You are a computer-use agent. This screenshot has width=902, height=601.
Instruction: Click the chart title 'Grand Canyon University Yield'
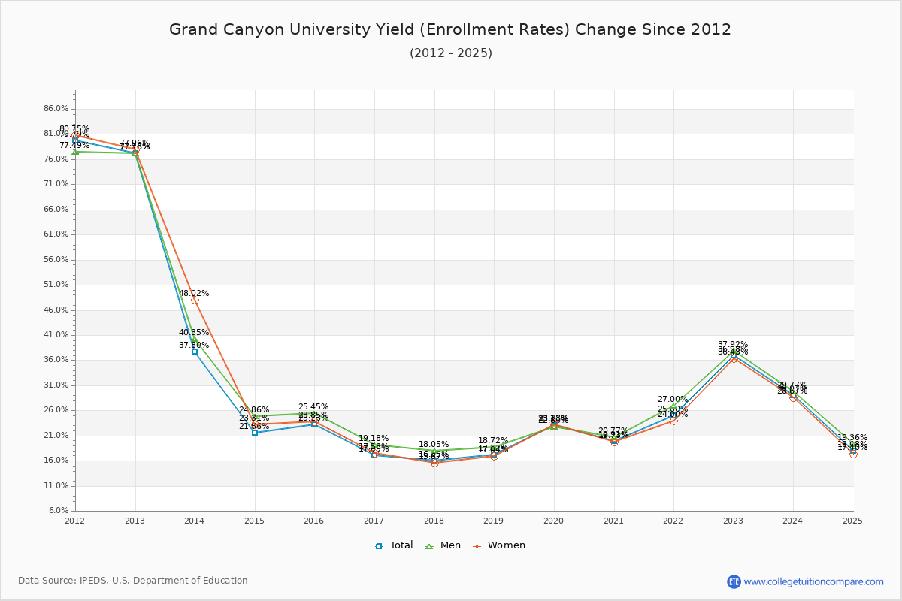(x=449, y=29)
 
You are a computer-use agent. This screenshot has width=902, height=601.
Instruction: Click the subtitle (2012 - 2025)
(x=450, y=53)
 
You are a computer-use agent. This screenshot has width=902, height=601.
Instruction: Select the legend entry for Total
(x=395, y=545)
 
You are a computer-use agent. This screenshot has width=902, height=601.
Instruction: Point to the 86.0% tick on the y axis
(x=56, y=109)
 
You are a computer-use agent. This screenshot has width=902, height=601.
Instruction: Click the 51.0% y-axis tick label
(x=56, y=285)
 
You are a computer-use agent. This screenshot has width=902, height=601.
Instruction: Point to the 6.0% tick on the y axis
(x=59, y=511)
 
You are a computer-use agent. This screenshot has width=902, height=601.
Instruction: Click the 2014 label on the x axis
(x=195, y=520)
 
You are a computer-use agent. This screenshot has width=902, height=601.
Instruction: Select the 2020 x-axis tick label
(x=554, y=520)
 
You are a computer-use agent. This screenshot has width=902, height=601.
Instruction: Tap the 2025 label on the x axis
(x=853, y=520)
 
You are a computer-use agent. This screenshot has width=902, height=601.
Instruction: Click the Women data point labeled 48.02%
(x=195, y=300)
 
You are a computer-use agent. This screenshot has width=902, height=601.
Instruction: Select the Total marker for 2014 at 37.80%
(x=195, y=352)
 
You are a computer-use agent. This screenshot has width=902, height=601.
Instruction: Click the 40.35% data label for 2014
(x=194, y=332)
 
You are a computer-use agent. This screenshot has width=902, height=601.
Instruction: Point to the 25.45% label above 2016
(x=313, y=406)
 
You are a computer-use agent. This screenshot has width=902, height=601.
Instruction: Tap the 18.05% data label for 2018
(x=434, y=444)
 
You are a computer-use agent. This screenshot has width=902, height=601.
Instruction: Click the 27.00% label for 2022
(x=673, y=400)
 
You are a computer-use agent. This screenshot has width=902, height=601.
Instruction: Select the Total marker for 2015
(x=255, y=433)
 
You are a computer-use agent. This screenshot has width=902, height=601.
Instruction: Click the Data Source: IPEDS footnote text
(x=133, y=581)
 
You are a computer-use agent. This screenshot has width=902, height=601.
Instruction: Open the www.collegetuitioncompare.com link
(x=813, y=581)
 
